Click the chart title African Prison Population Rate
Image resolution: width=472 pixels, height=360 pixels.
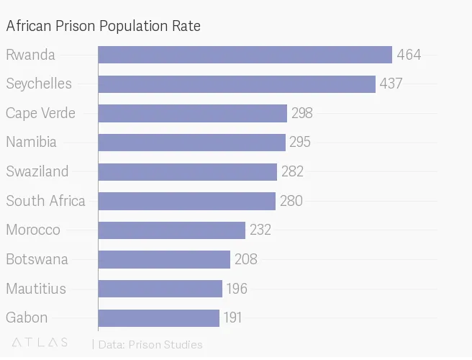(103, 26)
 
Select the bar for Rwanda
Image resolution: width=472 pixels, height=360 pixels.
(245, 55)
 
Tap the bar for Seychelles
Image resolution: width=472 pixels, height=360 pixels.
(237, 84)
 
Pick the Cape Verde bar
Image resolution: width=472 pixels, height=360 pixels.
(193, 113)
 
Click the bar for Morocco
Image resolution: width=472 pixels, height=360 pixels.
(172, 230)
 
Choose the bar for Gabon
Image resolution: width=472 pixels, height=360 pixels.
(159, 318)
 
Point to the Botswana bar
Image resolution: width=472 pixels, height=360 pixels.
(164, 259)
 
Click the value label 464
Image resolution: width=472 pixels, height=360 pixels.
(409, 55)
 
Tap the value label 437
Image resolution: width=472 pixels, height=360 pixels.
(391, 84)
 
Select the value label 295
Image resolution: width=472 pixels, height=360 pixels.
(300, 143)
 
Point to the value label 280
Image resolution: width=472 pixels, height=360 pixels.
(291, 201)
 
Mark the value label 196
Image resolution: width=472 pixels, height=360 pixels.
(237, 289)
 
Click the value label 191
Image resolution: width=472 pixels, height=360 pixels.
(233, 318)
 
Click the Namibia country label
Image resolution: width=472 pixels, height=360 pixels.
(31, 143)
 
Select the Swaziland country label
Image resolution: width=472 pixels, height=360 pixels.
(37, 171)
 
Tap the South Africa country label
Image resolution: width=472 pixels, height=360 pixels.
(45, 201)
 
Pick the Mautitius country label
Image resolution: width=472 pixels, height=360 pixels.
(36, 289)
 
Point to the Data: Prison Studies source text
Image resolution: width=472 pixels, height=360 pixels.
(150, 344)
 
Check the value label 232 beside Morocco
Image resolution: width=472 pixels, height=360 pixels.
(260, 230)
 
